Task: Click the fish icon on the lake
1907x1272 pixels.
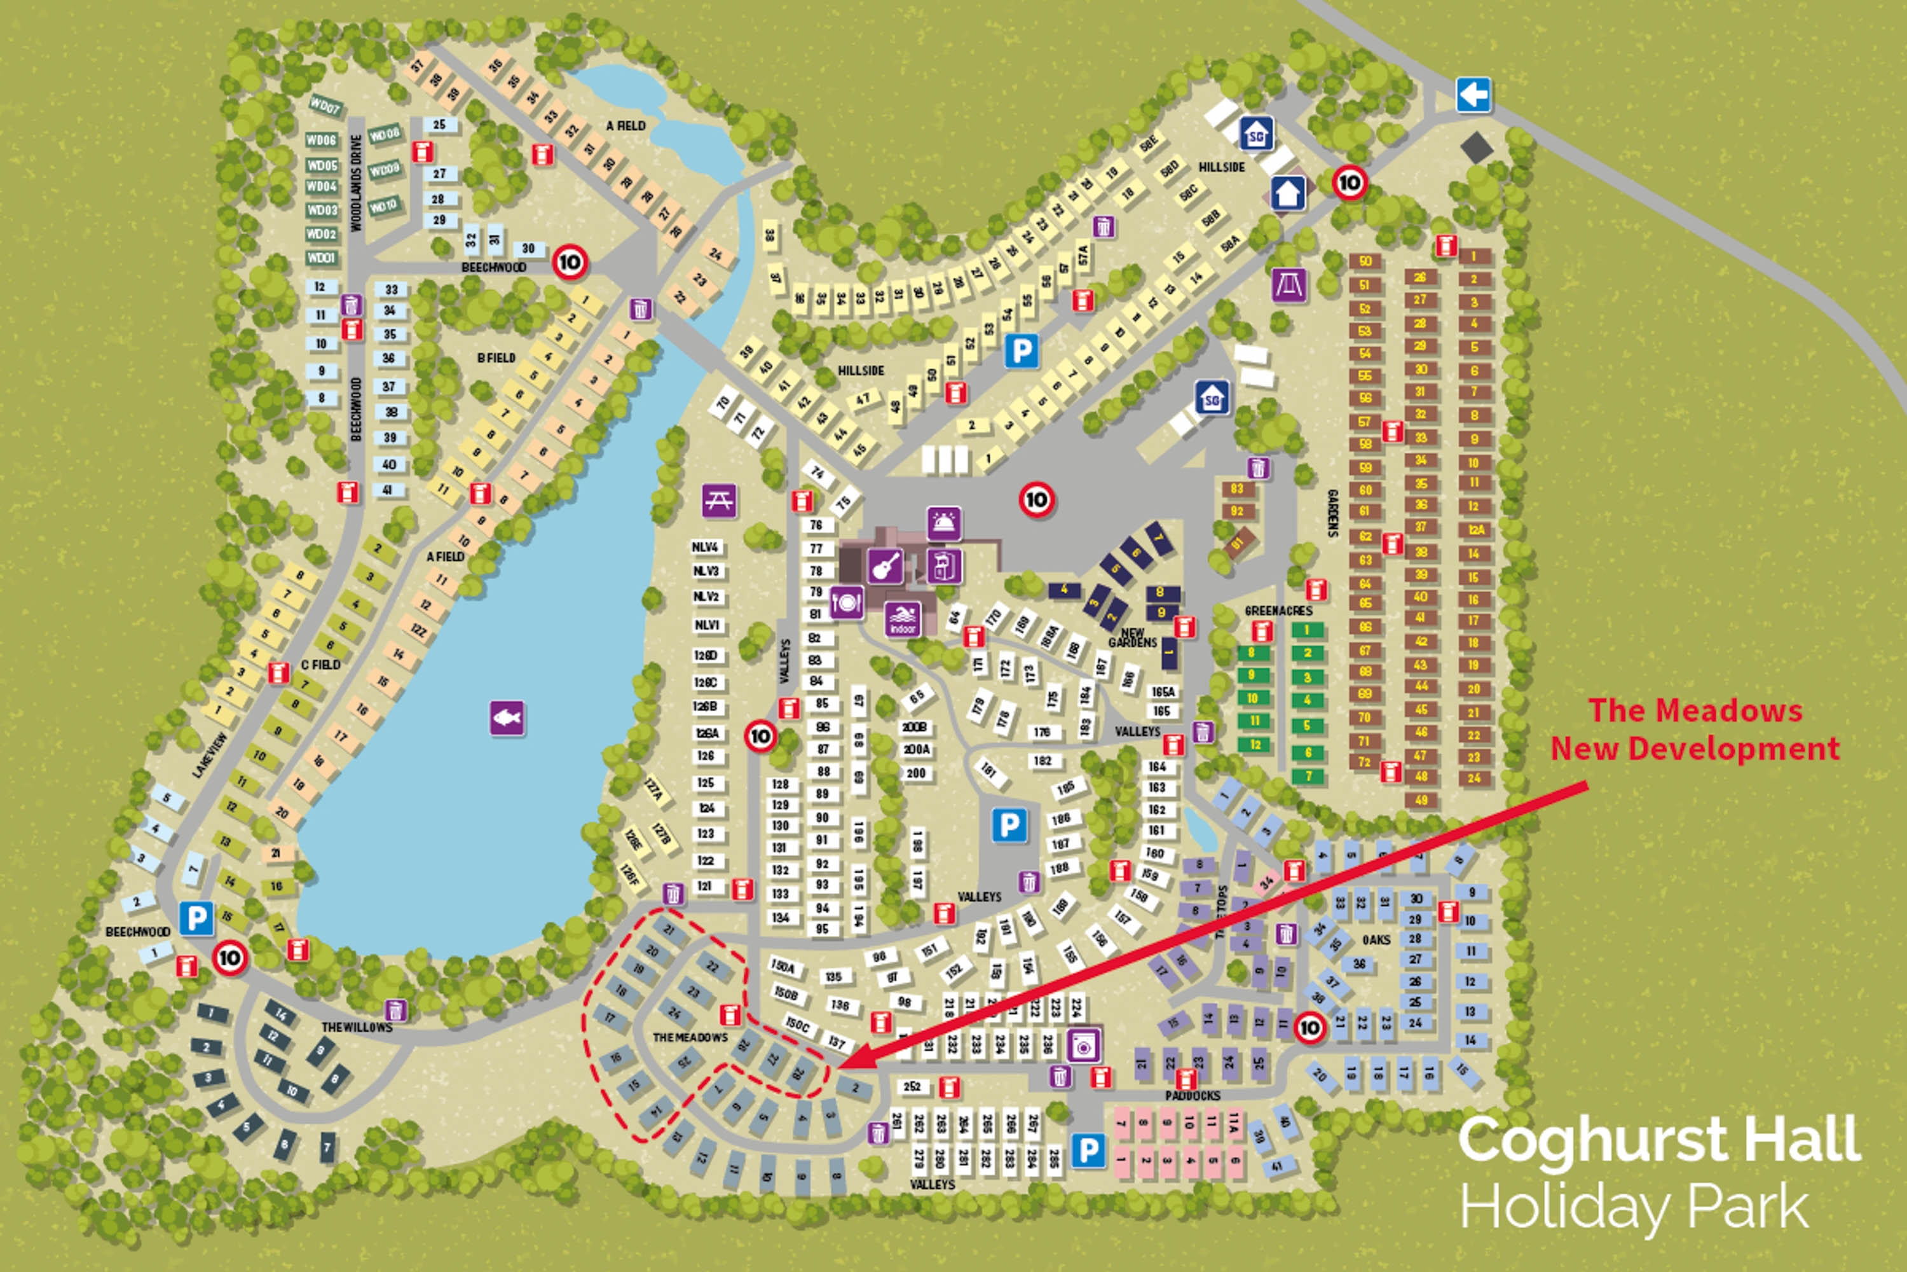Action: (x=507, y=718)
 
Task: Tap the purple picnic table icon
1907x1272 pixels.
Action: (x=719, y=501)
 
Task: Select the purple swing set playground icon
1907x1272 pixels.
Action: (x=1289, y=285)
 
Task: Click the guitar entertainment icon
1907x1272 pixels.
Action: (x=885, y=565)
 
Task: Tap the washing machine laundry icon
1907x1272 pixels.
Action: (x=1083, y=1045)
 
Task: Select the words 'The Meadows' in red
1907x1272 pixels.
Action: (x=1695, y=710)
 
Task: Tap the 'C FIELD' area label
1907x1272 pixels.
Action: (x=320, y=665)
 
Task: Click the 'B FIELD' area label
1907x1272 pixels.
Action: (x=496, y=357)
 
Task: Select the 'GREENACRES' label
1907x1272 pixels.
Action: (x=1278, y=611)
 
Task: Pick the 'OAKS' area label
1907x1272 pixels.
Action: (x=1376, y=939)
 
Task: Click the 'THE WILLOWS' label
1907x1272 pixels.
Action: (x=357, y=1027)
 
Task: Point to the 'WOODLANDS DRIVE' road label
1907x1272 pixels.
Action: (x=356, y=183)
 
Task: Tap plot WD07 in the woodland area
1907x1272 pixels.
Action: (x=325, y=106)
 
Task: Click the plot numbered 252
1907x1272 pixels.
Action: (x=912, y=1086)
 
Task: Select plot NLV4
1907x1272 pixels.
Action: (x=706, y=548)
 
